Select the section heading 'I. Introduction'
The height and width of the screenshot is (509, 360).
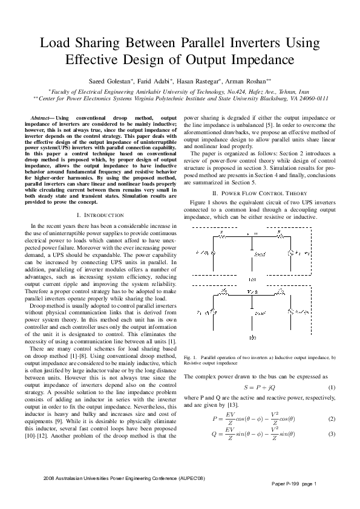click(101, 215)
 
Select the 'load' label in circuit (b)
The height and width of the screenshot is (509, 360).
click(261, 313)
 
